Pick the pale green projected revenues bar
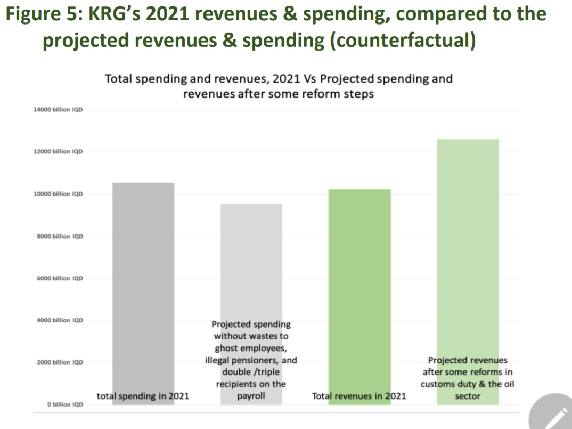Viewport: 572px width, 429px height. point(468,240)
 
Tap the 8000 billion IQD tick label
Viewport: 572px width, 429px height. point(60,236)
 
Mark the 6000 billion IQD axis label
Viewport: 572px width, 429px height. point(60,278)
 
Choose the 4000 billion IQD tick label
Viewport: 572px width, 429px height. point(60,320)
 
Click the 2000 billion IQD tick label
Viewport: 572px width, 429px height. point(60,362)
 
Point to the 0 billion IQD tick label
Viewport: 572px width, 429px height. point(64,404)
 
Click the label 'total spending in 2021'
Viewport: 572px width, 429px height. point(143,396)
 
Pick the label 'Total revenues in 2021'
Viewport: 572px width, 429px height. point(359,396)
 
